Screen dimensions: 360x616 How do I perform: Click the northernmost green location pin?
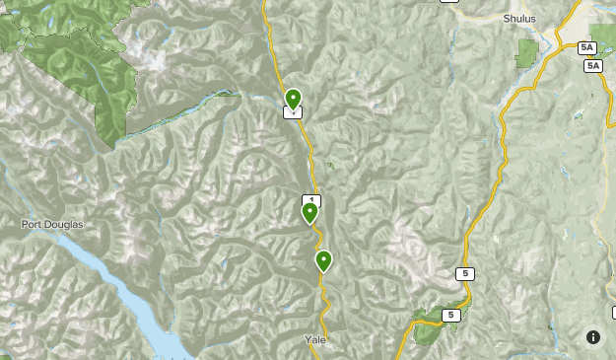pos(293,99)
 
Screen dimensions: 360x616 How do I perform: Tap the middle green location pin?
pos(309,211)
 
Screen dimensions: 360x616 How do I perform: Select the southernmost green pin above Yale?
pos(323,260)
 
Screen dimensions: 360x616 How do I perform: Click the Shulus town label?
pos(519,18)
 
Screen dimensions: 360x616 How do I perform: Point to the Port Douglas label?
pos(52,225)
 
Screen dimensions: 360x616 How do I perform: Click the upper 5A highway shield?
pos(587,47)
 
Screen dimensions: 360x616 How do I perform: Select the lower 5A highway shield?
pos(592,66)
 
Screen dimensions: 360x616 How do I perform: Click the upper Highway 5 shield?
pos(464,273)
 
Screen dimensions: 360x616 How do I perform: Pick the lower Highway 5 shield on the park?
pos(450,316)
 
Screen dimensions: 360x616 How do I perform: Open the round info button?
pos(593,337)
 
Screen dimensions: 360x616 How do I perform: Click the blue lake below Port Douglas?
pos(118,286)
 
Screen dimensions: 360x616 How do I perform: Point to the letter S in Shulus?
pos(507,18)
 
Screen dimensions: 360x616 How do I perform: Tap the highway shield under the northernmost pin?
pos(292,112)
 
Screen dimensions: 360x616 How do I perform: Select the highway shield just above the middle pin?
pos(311,199)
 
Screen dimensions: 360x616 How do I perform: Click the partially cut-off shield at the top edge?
pos(449,2)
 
